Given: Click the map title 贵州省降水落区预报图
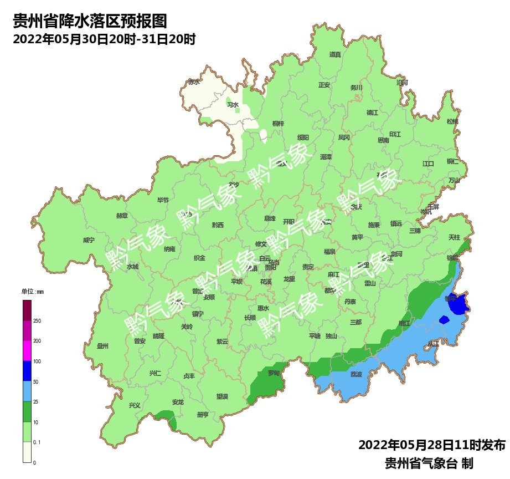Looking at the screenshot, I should pyautogui.click(x=90, y=22).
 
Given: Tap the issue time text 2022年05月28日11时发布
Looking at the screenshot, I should pyautogui.click(x=431, y=445).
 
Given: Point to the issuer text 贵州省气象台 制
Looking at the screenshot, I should pyautogui.click(x=429, y=463).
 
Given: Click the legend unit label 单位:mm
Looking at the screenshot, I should pyautogui.click(x=32, y=292).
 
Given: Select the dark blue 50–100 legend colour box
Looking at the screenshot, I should pyautogui.click(x=27, y=371).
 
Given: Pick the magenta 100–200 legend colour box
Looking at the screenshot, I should pyautogui.click(x=27, y=350).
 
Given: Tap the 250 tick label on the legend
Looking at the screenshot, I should pyautogui.click(x=37, y=321).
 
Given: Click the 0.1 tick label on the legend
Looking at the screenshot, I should pyautogui.click(x=38, y=442).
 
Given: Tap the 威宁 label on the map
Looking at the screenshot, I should pyautogui.click(x=89, y=240).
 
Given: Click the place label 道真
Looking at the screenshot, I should pyautogui.click(x=335, y=54).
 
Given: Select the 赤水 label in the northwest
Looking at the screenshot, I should pyautogui.click(x=194, y=82).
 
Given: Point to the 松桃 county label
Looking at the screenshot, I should pyautogui.click(x=452, y=121).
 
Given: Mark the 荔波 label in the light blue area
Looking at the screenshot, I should pyautogui.click(x=356, y=374).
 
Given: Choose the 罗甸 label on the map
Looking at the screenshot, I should pyautogui.click(x=274, y=373).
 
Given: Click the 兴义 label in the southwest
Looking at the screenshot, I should pyautogui.click(x=135, y=405).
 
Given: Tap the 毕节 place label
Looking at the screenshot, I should pyautogui.click(x=163, y=200).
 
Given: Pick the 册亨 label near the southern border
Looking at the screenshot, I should pyautogui.click(x=203, y=415).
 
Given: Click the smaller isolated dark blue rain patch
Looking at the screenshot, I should pyautogui.click(x=444, y=319).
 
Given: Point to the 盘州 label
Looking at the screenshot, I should pyautogui.click(x=102, y=346).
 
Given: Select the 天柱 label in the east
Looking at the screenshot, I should pyautogui.click(x=454, y=237).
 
